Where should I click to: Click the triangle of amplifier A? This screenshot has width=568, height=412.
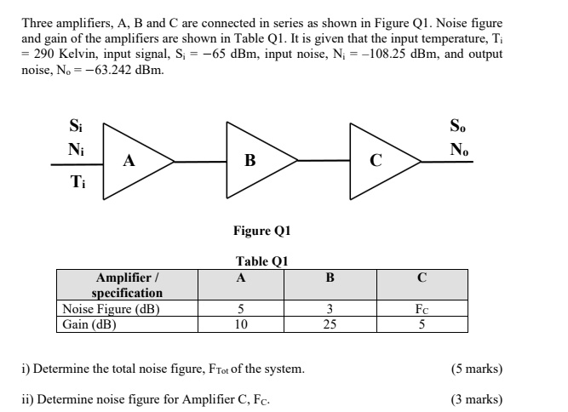(132, 160)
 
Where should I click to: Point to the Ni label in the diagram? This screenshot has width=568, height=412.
(76, 149)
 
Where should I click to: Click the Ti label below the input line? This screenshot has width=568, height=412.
(77, 180)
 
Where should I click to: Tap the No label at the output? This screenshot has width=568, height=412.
(460, 149)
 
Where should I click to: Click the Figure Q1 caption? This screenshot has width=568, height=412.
(261, 231)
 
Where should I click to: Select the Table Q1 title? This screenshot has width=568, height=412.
(261, 262)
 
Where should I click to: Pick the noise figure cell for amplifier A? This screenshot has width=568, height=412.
(241, 309)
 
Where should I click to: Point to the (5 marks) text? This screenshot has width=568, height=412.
(477, 369)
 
